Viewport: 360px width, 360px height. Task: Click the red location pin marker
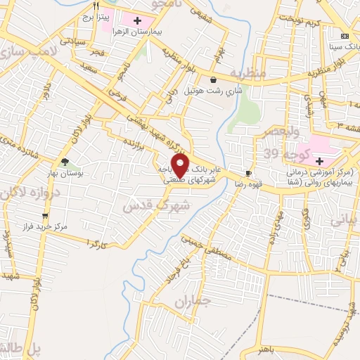[181, 165]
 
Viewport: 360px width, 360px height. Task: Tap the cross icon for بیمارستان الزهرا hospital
[147, 22]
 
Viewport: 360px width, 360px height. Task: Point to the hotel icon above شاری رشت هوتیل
[213, 80]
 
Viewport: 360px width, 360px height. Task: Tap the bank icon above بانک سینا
[344, 37]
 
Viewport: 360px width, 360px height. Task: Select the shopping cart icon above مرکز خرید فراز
[45, 216]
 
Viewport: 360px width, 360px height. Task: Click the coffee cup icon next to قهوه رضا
[248, 173]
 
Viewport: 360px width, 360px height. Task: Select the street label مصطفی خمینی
[210, 250]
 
